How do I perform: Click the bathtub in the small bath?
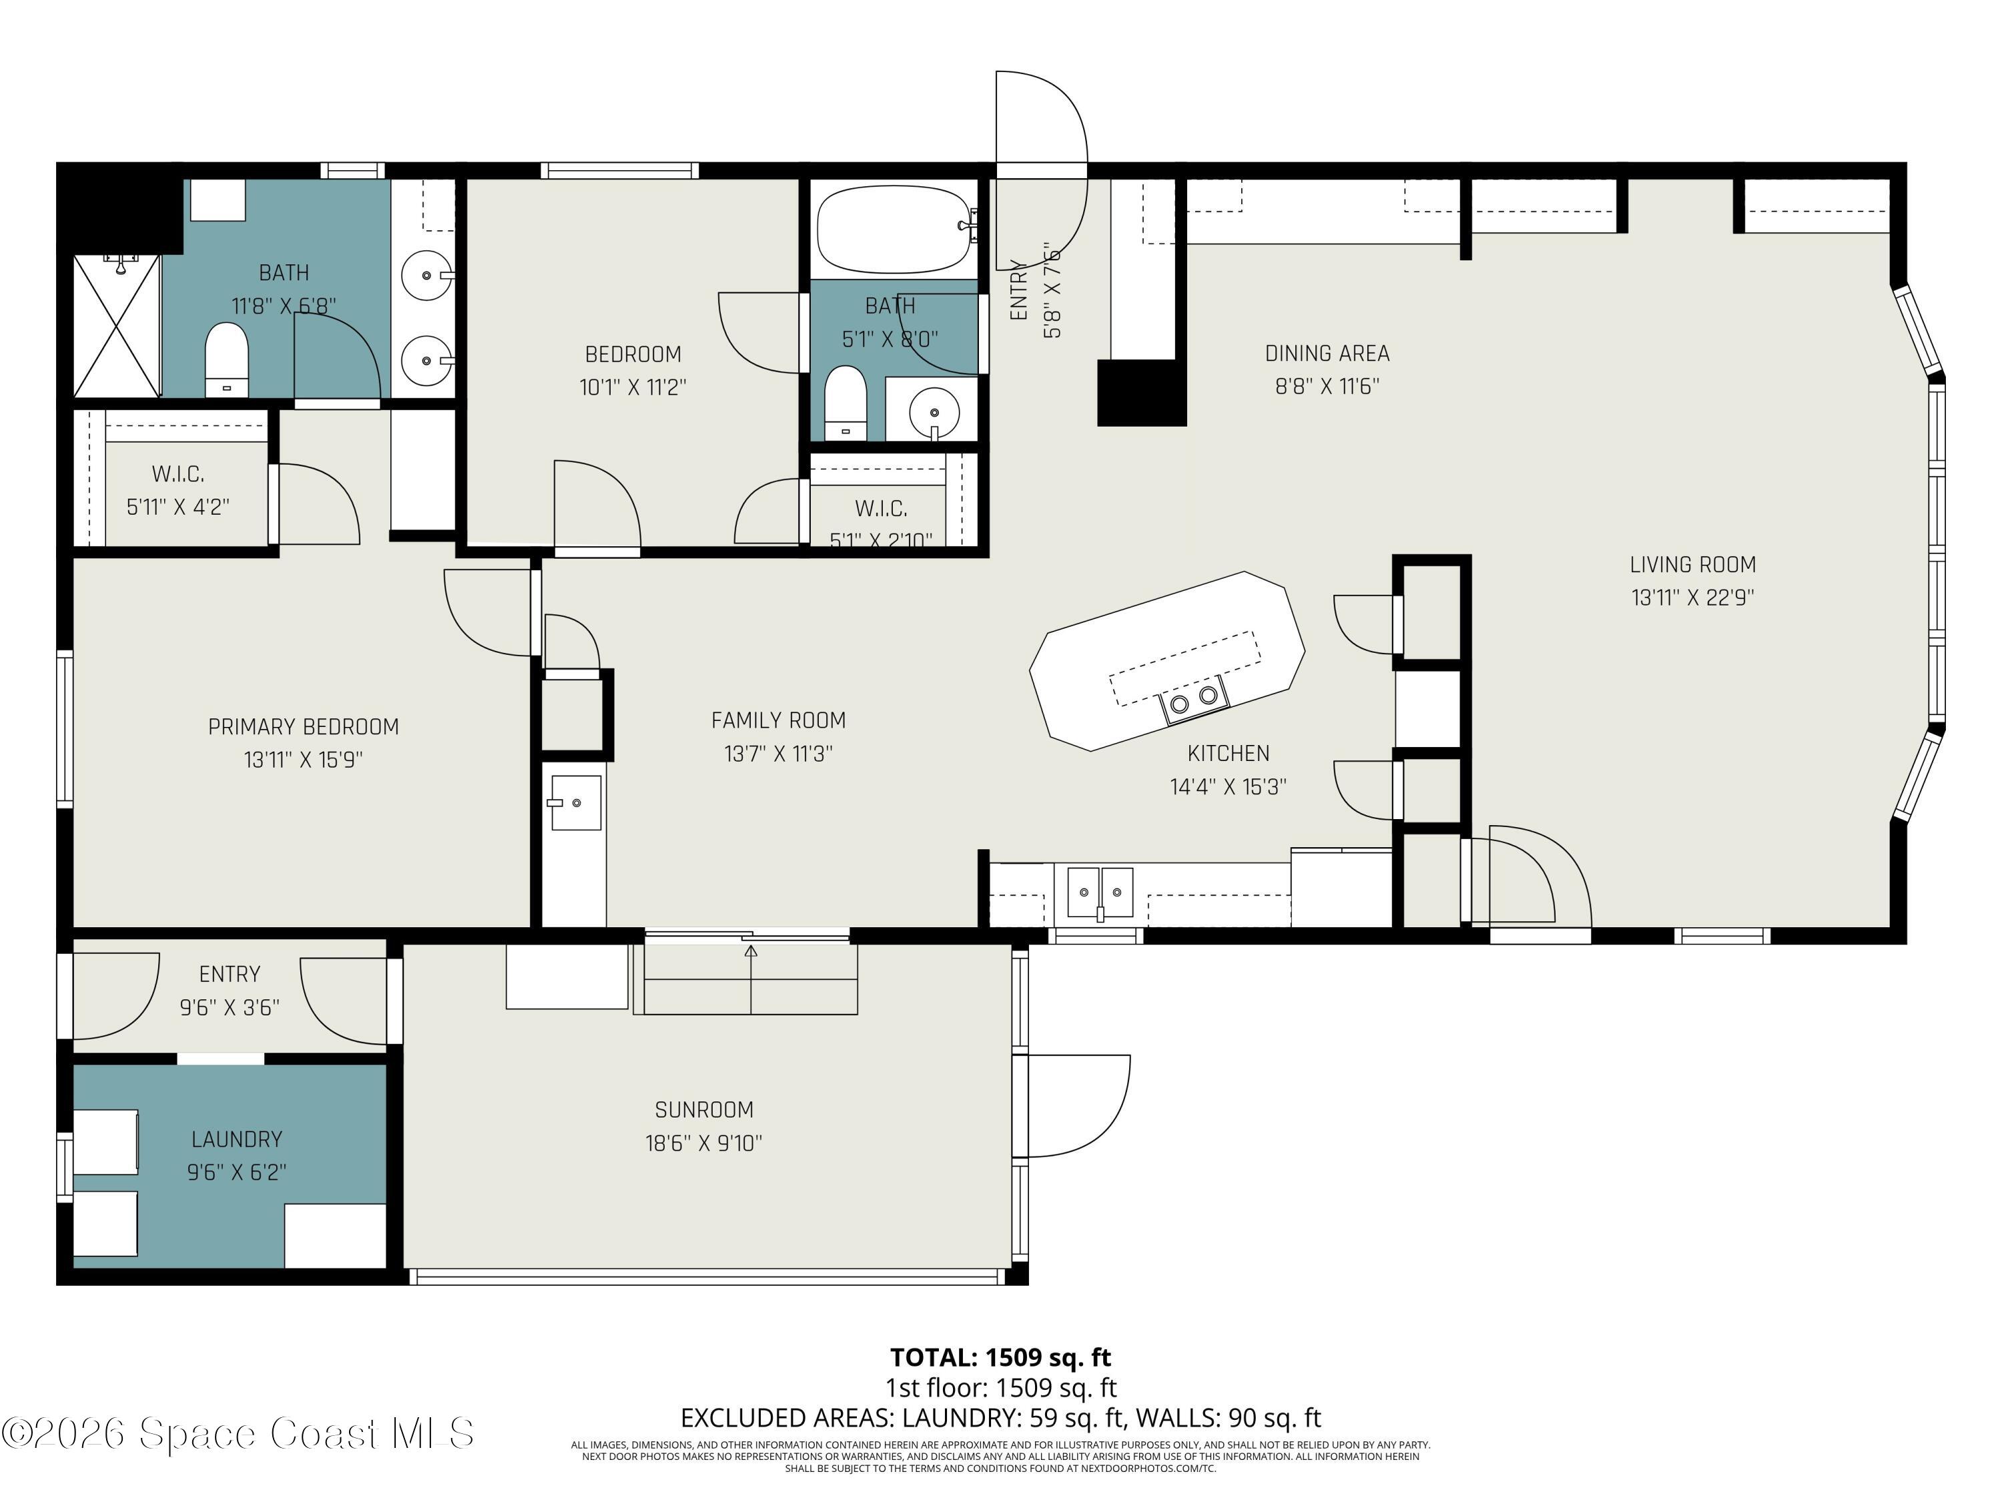[892, 229]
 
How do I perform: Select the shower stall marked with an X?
[117, 326]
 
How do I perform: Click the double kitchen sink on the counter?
[1100, 892]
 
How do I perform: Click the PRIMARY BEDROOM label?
[303, 727]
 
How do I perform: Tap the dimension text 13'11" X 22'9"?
[1692, 597]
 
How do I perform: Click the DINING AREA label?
[1327, 353]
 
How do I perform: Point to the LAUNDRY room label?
[237, 1139]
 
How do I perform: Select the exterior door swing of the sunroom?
[1077, 1106]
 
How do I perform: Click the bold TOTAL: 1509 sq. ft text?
[1000, 1357]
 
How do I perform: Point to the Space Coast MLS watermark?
[237, 1433]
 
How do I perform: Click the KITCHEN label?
[1228, 753]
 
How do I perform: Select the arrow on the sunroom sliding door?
[750, 951]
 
